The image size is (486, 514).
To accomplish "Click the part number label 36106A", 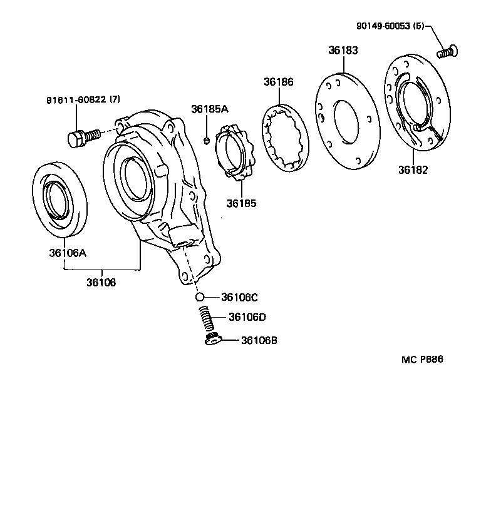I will tap(68, 253).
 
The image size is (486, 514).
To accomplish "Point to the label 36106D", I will tap(247, 317).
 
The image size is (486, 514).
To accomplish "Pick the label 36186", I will tap(278, 82).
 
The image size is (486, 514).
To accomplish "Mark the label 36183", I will tap(343, 51).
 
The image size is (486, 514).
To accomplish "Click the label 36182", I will tap(413, 169).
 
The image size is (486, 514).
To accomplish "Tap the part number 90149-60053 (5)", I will tap(390, 26).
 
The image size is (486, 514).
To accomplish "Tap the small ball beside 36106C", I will tap(199, 297).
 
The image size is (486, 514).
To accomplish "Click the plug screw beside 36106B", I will tap(212, 339).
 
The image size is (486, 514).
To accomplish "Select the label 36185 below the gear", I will tap(241, 203).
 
